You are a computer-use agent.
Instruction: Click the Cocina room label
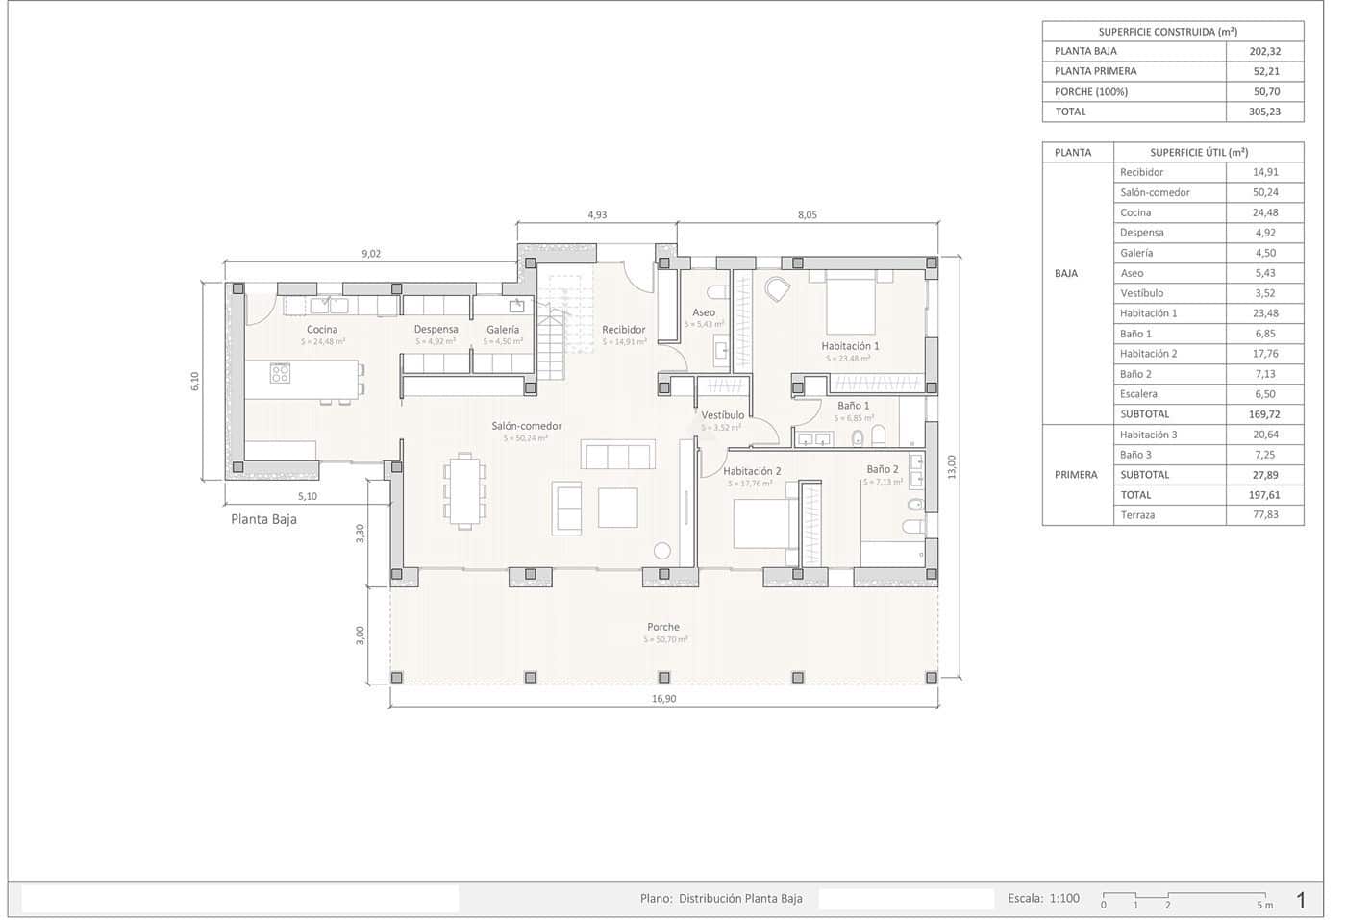tap(322, 330)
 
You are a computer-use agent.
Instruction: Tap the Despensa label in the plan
tap(436, 330)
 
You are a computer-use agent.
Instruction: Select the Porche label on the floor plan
tap(663, 627)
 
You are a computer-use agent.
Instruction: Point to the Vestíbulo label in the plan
tap(722, 415)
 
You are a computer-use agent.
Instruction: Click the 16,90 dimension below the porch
tap(663, 699)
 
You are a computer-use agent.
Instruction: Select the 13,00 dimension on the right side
tap(952, 467)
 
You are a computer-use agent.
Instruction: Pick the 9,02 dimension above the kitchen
tap(371, 254)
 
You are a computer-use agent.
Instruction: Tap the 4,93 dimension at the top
tap(597, 215)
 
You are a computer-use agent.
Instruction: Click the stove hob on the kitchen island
tap(280, 373)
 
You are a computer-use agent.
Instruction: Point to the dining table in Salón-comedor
tap(464, 490)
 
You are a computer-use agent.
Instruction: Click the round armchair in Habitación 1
tap(777, 288)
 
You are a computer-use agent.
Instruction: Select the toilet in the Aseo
tap(716, 291)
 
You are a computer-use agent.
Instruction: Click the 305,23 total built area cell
tap(1264, 112)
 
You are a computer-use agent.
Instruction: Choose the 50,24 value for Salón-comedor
tap(1264, 192)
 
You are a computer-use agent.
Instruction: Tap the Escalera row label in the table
tap(1138, 394)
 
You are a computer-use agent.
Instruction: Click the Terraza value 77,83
tap(1264, 515)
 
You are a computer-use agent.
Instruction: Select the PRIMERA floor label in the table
tap(1076, 475)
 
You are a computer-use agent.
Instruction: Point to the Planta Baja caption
tap(263, 519)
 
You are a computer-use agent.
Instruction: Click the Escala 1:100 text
tap(1043, 899)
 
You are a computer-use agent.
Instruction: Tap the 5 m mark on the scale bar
tap(1263, 905)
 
